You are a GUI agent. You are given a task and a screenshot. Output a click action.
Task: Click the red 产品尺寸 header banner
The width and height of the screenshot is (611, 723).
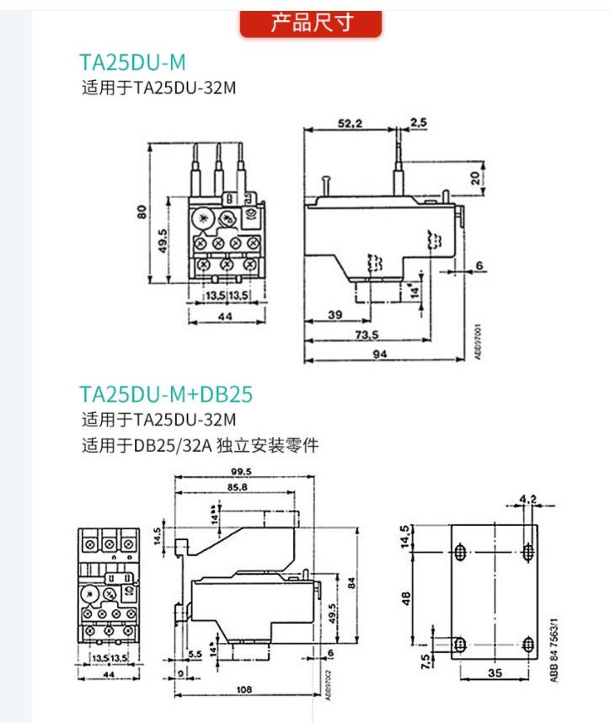[311, 23]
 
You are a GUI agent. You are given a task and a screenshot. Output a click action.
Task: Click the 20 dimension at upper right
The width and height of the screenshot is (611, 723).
[476, 178]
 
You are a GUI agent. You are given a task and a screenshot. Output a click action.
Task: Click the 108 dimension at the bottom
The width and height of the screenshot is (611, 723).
[244, 689]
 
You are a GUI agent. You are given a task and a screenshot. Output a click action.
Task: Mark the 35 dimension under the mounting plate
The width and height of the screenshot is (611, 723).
[493, 673]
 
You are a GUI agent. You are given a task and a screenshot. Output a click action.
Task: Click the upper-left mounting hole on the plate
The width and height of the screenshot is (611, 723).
[460, 552]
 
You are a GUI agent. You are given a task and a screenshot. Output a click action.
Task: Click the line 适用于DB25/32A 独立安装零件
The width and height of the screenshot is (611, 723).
[200, 447]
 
